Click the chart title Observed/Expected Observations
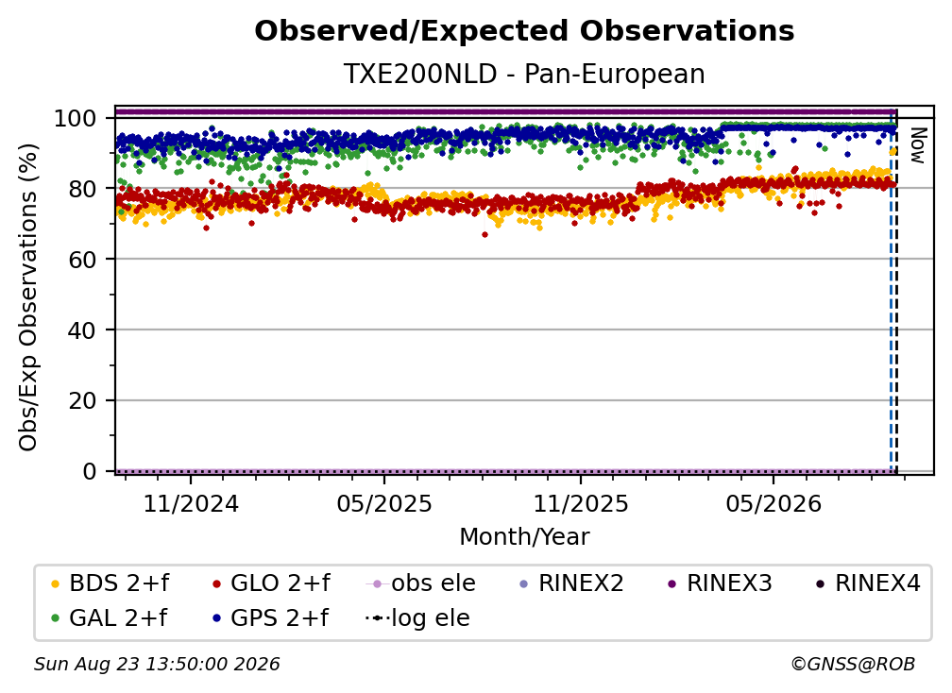click(x=524, y=31)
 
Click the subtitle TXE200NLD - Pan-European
click(x=524, y=74)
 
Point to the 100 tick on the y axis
click(x=75, y=118)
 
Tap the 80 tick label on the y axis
click(x=82, y=189)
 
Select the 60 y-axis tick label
click(x=82, y=260)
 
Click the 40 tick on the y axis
click(x=82, y=330)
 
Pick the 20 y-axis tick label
click(x=82, y=400)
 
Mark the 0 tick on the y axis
click(x=89, y=471)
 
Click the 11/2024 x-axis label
click(x=191, y=503)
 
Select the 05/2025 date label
click(x=384, y=503)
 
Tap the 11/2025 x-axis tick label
click(x=581, y=503)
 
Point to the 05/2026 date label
click(x=773, y=503)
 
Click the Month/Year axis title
click(x=524, y=536)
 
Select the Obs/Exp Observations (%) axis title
click(x=28, y=296)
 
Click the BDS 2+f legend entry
click(x=110, y=583)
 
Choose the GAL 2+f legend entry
click(x=109, y=617)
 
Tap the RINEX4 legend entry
click(x=868, y=583)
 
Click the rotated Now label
click(x=917, y=145)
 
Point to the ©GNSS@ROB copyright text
click(x=853, y=664)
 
